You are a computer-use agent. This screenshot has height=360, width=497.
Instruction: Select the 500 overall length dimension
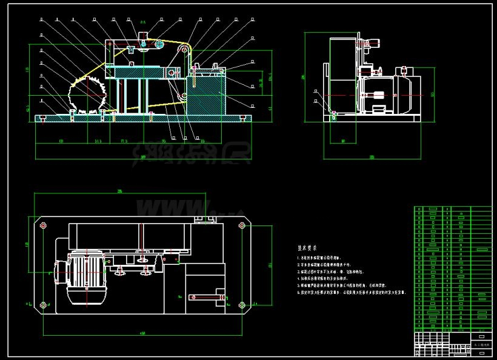(143, 157)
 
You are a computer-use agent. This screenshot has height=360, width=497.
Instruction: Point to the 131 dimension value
(61, 141)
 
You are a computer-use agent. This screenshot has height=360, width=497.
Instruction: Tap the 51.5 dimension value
(98, 141)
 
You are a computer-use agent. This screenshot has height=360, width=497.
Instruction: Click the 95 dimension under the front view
(164, 141)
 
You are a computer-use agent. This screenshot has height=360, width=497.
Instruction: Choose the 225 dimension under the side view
(372, 157)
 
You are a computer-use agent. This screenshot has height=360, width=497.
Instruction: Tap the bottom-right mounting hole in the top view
(242, 304)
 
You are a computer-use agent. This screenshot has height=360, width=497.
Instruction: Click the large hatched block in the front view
(206, 97)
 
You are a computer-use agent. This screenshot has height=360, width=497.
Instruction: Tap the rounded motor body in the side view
(388, 94)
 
